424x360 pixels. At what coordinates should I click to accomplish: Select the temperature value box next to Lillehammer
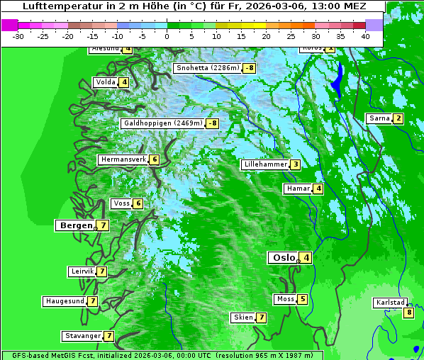pyautogui.click(x=295, y=165)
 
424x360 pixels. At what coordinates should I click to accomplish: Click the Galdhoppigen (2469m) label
pyautogui.click(x=163, y=123)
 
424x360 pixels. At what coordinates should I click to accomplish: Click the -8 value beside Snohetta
pyautogui.click(x=249, y=69)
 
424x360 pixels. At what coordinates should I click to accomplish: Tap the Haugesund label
pyautogui.click(x=65, y=301)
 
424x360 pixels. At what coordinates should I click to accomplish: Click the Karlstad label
pyautogui.click(x=390, y=303)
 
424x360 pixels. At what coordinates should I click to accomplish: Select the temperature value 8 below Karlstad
pyautogui.click(x=408, y=313)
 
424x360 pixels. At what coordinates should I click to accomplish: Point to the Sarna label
pyautogui.click(x=379, y=118)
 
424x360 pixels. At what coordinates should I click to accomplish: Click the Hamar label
pyautogui.click(x=298, y=189)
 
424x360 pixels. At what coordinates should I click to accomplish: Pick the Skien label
pyautogui.click(x=243, y=317)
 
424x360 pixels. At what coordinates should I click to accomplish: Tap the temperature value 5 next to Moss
pyautogui.click(x=303, y=299)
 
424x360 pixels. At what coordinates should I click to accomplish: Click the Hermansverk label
pyautogui.click(x=123, y=159)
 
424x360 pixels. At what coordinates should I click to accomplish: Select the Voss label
pyautogui.click(x=121, y=203)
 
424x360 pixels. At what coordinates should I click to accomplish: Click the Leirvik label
pyautogui.click(x=82, y=271)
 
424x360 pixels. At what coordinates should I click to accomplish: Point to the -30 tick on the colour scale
pyautogui.click(x=18, y=36)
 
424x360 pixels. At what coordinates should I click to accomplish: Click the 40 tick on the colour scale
pyautogui.click(x=365, y=36)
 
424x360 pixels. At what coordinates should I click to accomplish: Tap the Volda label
pyautogui.click(x=106, y=82)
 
